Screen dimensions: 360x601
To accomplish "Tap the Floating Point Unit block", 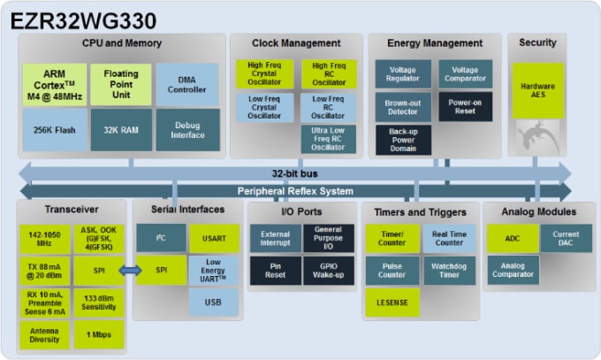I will tap(120, 84).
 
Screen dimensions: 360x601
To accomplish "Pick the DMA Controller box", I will tap(186, 84).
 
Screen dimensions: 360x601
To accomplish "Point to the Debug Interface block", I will tap(186, 129).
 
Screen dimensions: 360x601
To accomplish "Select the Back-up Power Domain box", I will tap(402, 140).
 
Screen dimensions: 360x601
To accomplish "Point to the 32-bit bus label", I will tap(295, 172).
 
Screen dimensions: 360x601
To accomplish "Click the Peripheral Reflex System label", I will tap(295, 191).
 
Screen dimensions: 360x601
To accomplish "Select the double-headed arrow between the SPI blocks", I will tap(131, 270).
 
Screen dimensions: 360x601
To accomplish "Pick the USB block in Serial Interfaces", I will tap(213, 303).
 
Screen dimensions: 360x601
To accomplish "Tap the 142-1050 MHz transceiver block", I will tap(45, 239).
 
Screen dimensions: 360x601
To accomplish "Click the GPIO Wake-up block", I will tap(328, 270).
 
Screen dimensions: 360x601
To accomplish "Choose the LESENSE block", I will tap(392, 303).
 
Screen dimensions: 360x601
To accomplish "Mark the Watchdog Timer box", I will tap(449, 270).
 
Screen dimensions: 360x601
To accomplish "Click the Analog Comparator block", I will tap(512, 270).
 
